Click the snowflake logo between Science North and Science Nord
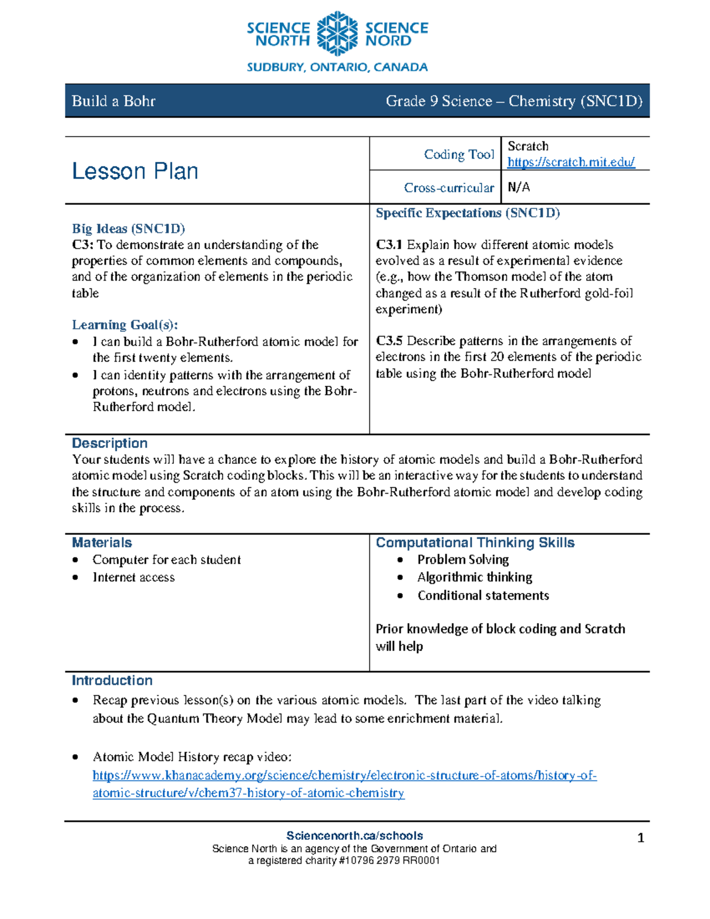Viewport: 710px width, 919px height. click(x=337, y=34)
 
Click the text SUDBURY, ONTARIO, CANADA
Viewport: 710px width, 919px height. click(x=337, y=67)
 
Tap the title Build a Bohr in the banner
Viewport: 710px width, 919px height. click(x=114, y=101)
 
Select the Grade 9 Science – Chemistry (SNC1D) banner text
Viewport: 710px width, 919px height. click(x=514, y=101)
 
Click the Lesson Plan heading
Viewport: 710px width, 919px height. click(x=135, y=171)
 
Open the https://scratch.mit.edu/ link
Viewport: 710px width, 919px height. click(x=571, y=162)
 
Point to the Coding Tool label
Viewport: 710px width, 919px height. click(x=459, y=154)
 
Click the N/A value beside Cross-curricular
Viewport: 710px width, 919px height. click(x=519, y=188)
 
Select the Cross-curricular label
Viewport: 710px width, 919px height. click(x=448, y=188)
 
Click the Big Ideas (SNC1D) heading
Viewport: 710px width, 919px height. click(x=128, y=228)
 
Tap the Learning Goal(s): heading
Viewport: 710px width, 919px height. click(x=125, y=325)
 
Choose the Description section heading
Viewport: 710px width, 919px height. click(x=109, y=443)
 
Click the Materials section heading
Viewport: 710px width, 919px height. click(x=102, y=543)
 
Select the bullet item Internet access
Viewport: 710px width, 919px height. click(x=134, y=578)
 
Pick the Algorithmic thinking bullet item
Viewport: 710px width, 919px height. click(x=475, y=577)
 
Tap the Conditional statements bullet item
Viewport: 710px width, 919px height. click(x=483, y=595)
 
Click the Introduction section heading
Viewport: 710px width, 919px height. click(x=112, y=681)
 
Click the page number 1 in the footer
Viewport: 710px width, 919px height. click(x=640, y=838)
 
